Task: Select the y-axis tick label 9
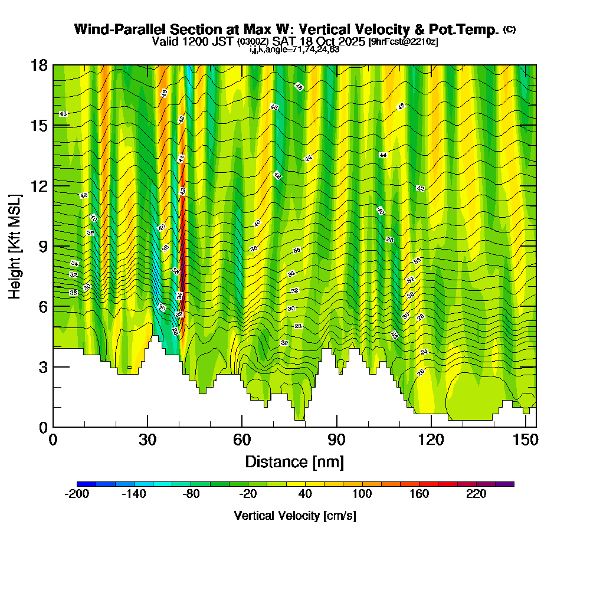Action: (42, 247)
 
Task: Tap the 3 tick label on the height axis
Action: (42, 367)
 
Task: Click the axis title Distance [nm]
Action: (294, 461)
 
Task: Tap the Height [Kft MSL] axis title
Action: (15, 246)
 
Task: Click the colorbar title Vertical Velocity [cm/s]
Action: (294, 516)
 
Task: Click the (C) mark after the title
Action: (510, 29)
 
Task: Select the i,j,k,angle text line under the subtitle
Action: (294, 49)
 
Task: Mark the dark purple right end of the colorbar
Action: (509, 484)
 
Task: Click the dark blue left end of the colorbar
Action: (81, 484)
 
